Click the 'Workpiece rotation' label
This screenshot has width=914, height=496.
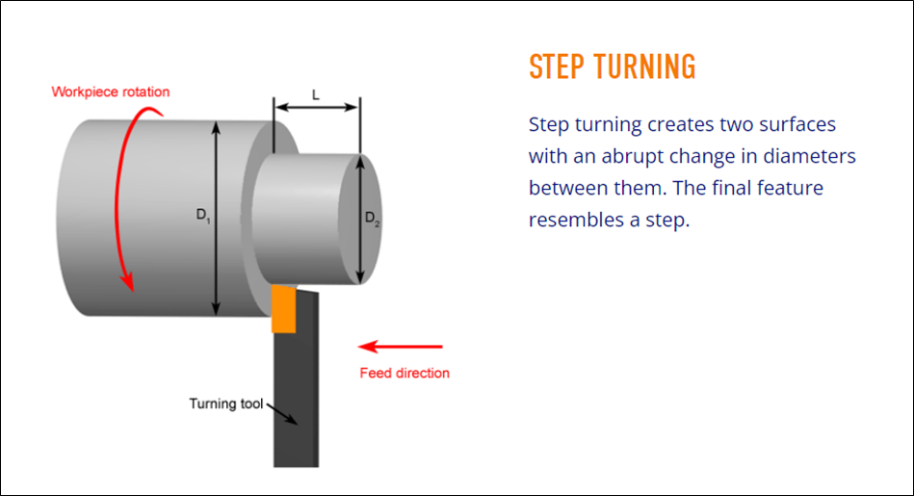tap(111, 92)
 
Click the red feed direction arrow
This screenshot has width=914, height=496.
tap(400, 346)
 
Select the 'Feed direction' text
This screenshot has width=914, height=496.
tap(405, 373)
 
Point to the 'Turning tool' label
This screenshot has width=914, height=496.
tap(225, 404)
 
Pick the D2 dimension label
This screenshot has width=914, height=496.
tap(372, 220)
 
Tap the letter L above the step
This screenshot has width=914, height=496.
tap(316, 94)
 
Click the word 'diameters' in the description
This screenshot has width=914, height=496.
tap(808, 156)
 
